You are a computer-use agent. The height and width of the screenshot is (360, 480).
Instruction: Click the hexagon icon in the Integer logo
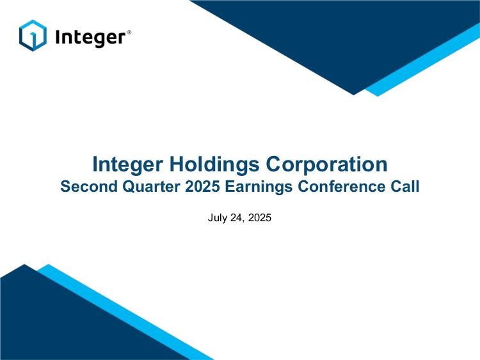(x=33, y=35)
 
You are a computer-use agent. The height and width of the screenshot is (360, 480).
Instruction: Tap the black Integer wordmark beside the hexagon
(x=90, y=38)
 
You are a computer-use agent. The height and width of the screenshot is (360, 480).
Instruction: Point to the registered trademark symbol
(x=129, y=32)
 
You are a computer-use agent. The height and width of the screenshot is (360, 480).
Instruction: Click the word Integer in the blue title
(x=127, y=165)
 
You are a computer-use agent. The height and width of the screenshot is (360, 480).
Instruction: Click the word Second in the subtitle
(x=89, y=186)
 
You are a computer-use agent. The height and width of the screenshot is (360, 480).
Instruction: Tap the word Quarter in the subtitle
(x=151, y=187)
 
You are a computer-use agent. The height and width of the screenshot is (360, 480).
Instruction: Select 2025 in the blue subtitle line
(x=202, y=186)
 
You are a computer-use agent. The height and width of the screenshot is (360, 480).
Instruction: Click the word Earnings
(x=259, y=187)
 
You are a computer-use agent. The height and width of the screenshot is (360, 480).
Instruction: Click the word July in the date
(x=218, y=218)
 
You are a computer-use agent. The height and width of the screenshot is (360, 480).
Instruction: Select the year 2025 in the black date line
(x=260, y=218)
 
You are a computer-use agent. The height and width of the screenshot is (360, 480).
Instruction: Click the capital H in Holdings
(x=177, y=164)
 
